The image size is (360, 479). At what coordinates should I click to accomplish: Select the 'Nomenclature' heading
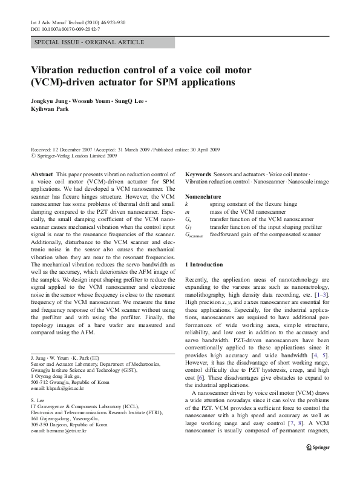(x=206, y=197)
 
